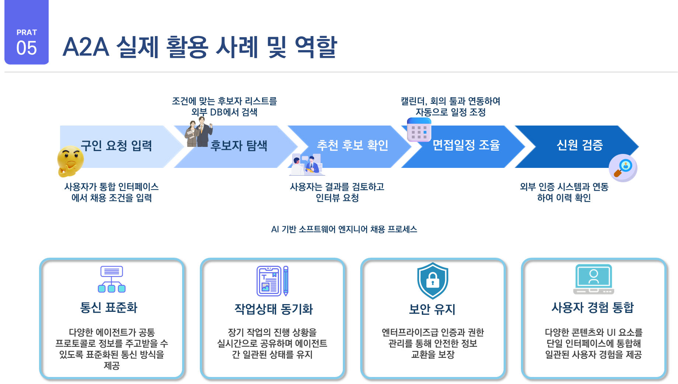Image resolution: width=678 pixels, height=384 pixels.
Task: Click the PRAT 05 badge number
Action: point(27,48)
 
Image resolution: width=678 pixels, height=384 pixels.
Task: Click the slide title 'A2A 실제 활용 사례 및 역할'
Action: point(199,47)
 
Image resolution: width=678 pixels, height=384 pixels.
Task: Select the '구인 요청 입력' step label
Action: point(116,146)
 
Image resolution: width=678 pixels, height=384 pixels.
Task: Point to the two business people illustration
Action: point(199,133)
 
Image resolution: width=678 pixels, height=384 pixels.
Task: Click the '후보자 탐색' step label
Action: point(239,146)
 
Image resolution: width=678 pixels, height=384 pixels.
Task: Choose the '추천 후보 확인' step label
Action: point(352,145)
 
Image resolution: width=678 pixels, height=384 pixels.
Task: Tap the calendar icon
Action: point(419,130)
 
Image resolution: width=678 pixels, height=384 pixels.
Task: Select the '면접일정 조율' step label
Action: point(466,145)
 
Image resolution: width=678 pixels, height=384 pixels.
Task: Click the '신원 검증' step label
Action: point(580,145)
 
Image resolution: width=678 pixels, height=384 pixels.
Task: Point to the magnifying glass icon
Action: point(623,168)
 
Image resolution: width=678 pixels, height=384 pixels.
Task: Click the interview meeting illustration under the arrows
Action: point(307,165)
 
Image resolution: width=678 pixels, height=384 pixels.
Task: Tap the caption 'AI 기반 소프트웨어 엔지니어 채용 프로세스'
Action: point(344,229)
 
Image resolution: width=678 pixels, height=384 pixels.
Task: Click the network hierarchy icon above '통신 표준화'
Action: point(112,279)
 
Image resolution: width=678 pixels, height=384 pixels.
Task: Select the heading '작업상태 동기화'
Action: point(273,309)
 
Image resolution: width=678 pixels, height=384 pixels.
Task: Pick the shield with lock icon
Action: point(432,280)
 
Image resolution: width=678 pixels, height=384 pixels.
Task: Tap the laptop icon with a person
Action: point(593,279)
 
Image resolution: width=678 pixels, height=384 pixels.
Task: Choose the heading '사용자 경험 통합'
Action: point(592,307)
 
